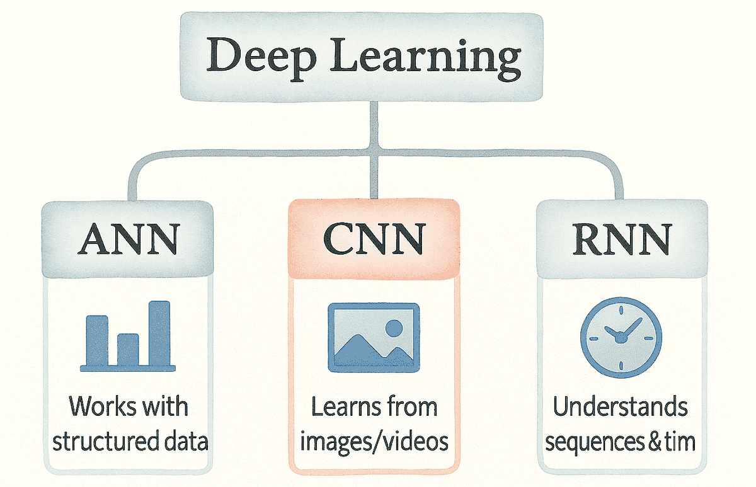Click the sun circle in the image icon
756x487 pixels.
(394, 328)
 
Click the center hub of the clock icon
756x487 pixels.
(621, 338)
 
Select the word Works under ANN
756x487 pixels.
(100, 407)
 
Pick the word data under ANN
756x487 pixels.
(187, 442)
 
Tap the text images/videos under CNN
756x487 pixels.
(374, 442)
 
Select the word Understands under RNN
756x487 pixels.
(620, 407)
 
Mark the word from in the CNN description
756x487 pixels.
(413, 407)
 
